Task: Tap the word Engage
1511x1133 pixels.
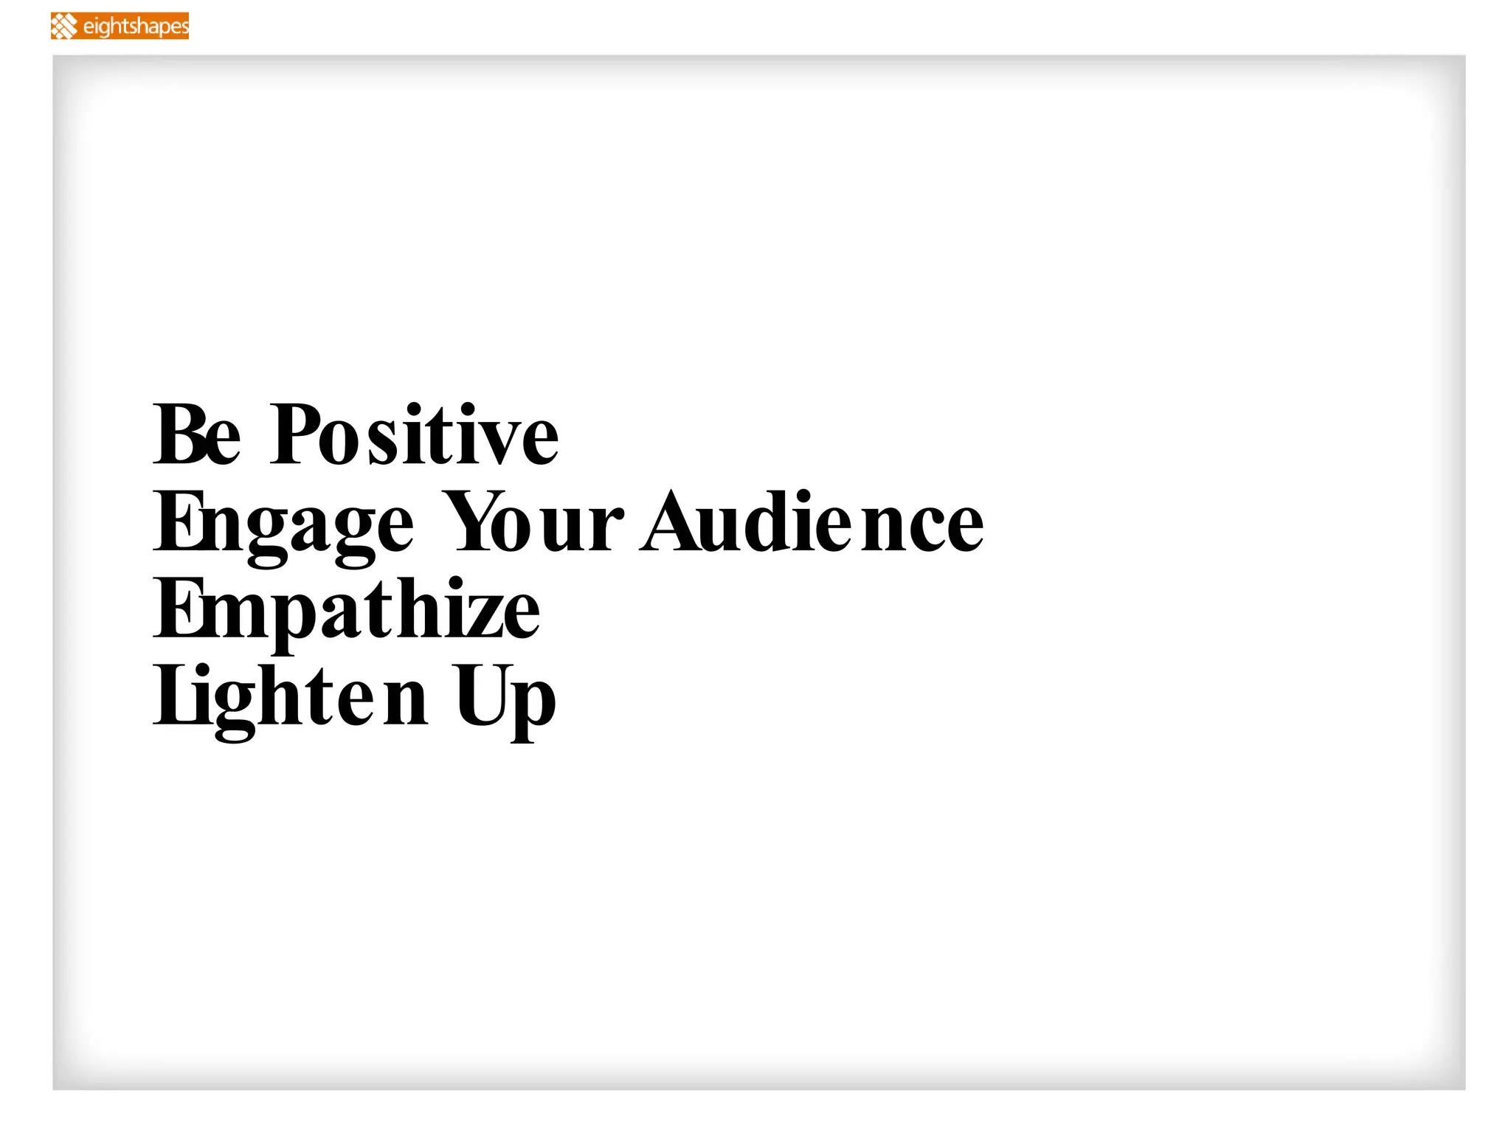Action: point(283,524)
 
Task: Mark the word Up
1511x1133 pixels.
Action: point(505,698)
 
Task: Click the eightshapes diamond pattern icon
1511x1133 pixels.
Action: point(65,27)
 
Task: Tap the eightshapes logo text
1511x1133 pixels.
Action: point(136,27)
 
